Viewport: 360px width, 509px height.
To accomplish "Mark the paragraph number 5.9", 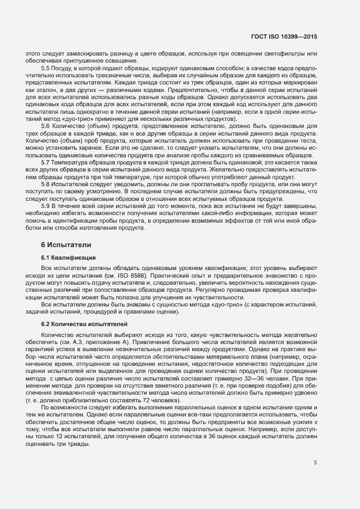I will click(x=46, y=206).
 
